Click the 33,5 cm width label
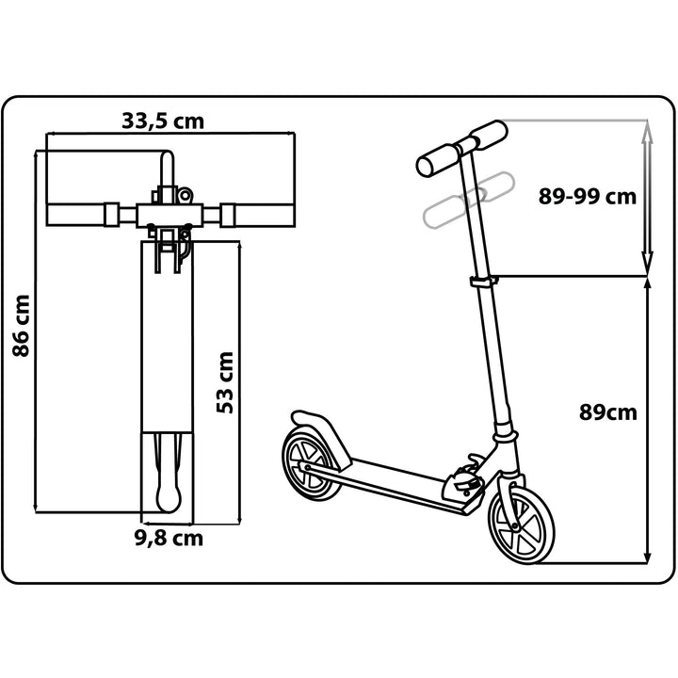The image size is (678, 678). pos(163,121)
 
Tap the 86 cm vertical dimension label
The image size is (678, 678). pos(21,326)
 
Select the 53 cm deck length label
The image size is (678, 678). pos(225,382)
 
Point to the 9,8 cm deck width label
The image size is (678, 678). pos(169,539)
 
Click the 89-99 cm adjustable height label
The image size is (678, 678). pos(588,196)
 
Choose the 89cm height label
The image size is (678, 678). pos(608,412)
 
